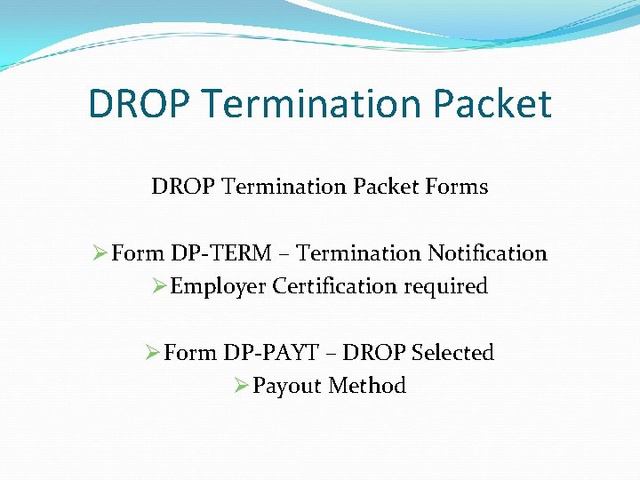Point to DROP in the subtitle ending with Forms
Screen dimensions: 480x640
pos(181,187)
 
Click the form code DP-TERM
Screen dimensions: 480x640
pos(221,253)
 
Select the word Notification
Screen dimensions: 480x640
pos(487,253)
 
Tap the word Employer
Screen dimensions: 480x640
pos(218,286)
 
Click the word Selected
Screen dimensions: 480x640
pos(452,353)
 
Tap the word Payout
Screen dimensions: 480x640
pos(287,386)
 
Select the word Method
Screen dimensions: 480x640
pos(367,386)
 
